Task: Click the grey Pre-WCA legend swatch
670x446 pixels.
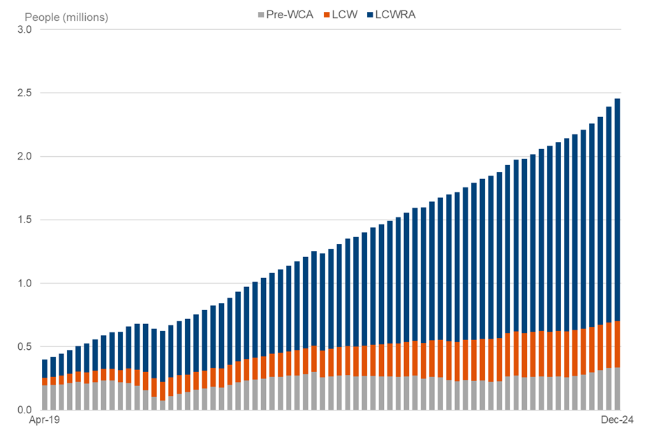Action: pos(261,15)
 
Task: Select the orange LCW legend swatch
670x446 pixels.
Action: pos(326,15)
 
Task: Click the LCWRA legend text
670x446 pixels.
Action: pos(395,15)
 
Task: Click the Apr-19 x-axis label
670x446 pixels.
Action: pos(44,422)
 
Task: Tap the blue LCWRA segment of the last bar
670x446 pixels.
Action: pos(617,209)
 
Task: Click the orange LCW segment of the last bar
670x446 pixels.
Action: pos(617,344)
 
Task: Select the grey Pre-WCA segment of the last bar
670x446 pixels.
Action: pos(617,389)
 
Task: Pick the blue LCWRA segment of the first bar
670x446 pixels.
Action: pos(45,369)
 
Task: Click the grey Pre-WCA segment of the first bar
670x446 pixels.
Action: pos(45,398)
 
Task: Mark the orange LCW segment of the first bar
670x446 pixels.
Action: pos(45,382)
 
